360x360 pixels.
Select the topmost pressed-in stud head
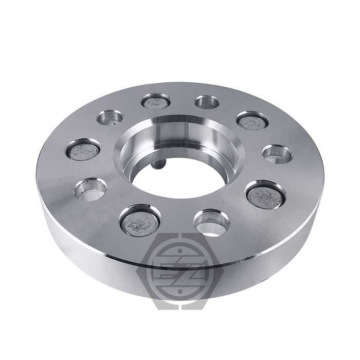[x=154, y=102]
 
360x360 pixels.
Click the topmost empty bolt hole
[x=207, y=102]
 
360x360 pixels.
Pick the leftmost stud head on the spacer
[x=82, y=150]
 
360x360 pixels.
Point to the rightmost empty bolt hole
[x=278, y=153]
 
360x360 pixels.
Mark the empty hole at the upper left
[x=110, y=117]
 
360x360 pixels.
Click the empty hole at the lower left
[x=90, y=189]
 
